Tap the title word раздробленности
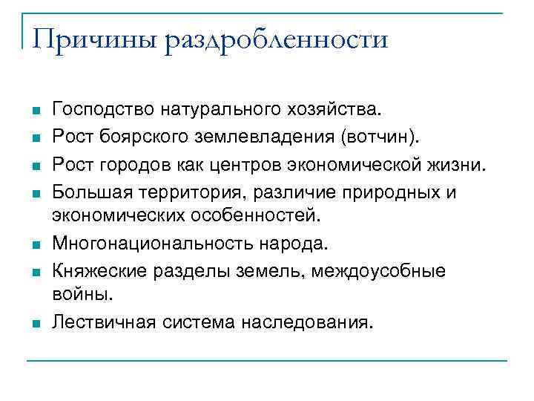(x=277, y=39)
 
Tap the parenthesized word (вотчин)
(x=378, y=137)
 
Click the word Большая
(x=88, y=191)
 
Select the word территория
(x=185, y=191)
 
